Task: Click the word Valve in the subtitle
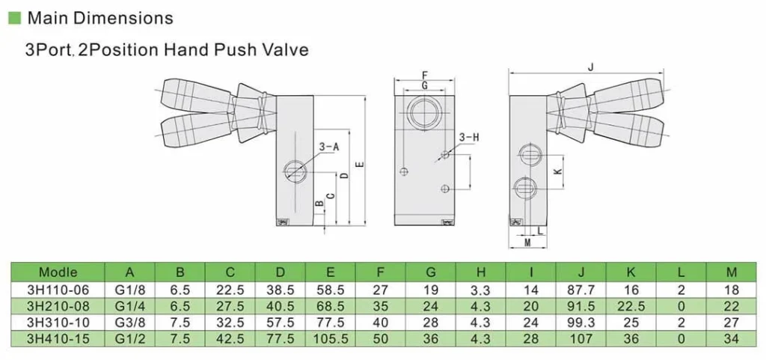pos(284,51)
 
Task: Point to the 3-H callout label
pos(468,137)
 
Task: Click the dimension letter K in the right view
pos(557,171)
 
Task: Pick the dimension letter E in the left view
pos(360,165)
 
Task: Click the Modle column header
pos(58,272)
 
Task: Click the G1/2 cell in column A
pos(129,339)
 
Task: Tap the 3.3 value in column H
pos(480,290)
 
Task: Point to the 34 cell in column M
pos(732,339)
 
